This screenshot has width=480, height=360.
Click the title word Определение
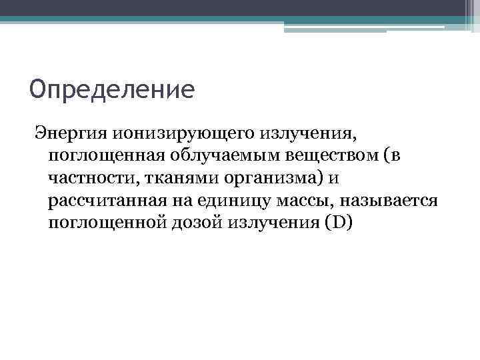coord(112,90)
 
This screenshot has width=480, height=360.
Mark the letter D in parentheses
coord(339,224)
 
